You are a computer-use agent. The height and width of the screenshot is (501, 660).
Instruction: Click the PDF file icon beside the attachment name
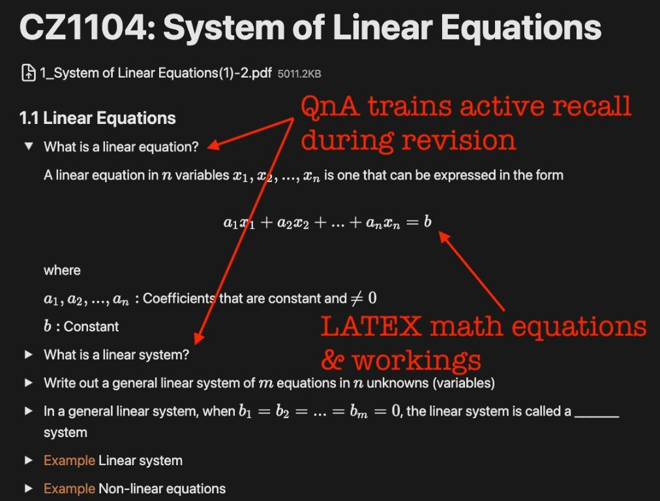[28, 73]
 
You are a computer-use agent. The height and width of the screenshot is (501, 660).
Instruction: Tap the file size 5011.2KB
[299, 74]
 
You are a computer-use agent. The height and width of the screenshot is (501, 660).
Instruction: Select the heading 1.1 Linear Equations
[98, 118]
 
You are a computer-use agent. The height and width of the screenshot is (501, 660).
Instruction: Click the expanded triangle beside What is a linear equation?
[28, 147]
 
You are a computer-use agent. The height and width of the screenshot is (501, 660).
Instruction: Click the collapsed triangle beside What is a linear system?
[28, 355]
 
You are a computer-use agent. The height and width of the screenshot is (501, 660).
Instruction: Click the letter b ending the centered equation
[427, 222]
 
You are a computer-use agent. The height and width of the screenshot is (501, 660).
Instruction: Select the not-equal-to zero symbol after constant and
[364, 298]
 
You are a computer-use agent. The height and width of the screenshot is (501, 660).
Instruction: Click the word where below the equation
[63, 270]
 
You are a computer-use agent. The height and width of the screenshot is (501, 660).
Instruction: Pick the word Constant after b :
[91, 327]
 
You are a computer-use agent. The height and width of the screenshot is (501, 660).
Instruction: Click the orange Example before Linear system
[69, 461]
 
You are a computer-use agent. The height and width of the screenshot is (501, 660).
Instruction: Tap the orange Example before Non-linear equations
[69, 489]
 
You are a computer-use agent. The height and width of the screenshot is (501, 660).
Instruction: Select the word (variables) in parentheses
[463, 383]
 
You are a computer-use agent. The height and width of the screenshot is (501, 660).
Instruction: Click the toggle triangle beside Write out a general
[28, 383]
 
